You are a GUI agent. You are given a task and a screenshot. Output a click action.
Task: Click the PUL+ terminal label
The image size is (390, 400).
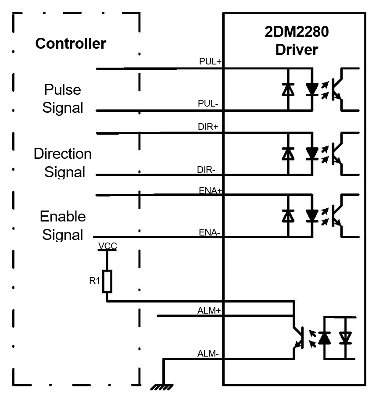click(210, 62)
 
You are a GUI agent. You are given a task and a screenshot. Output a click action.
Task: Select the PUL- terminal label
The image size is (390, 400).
click(208, 104)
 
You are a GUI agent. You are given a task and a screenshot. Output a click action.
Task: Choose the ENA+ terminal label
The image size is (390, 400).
click(211, 191)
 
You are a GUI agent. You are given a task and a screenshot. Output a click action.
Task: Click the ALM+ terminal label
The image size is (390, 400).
click(209, 311)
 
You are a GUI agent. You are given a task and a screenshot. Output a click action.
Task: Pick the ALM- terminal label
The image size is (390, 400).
click(208, 354)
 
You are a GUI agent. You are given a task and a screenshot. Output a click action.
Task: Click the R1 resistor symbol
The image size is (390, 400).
click(107, 281)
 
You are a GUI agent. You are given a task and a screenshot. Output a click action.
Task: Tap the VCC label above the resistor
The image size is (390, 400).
click(107, 246)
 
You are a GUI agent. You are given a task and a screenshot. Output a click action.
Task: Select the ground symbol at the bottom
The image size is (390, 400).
click(162, 387)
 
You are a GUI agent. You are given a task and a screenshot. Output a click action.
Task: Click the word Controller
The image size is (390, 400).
click(71, 44)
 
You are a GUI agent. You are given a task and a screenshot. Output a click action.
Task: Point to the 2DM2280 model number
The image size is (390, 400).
click(297, 32)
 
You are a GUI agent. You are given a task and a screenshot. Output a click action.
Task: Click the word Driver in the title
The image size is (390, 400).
click(297, 50)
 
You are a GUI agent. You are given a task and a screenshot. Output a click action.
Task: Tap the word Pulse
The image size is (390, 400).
click(63, 90)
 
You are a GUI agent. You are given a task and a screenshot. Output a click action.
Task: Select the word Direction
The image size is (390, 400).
click(63, 154)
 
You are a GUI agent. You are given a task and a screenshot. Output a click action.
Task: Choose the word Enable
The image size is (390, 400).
click(63, 216)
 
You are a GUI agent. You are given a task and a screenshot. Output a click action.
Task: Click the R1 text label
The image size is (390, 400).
click(95, 281)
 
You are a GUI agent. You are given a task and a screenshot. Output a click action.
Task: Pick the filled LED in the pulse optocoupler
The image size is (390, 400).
click(312, 89)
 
